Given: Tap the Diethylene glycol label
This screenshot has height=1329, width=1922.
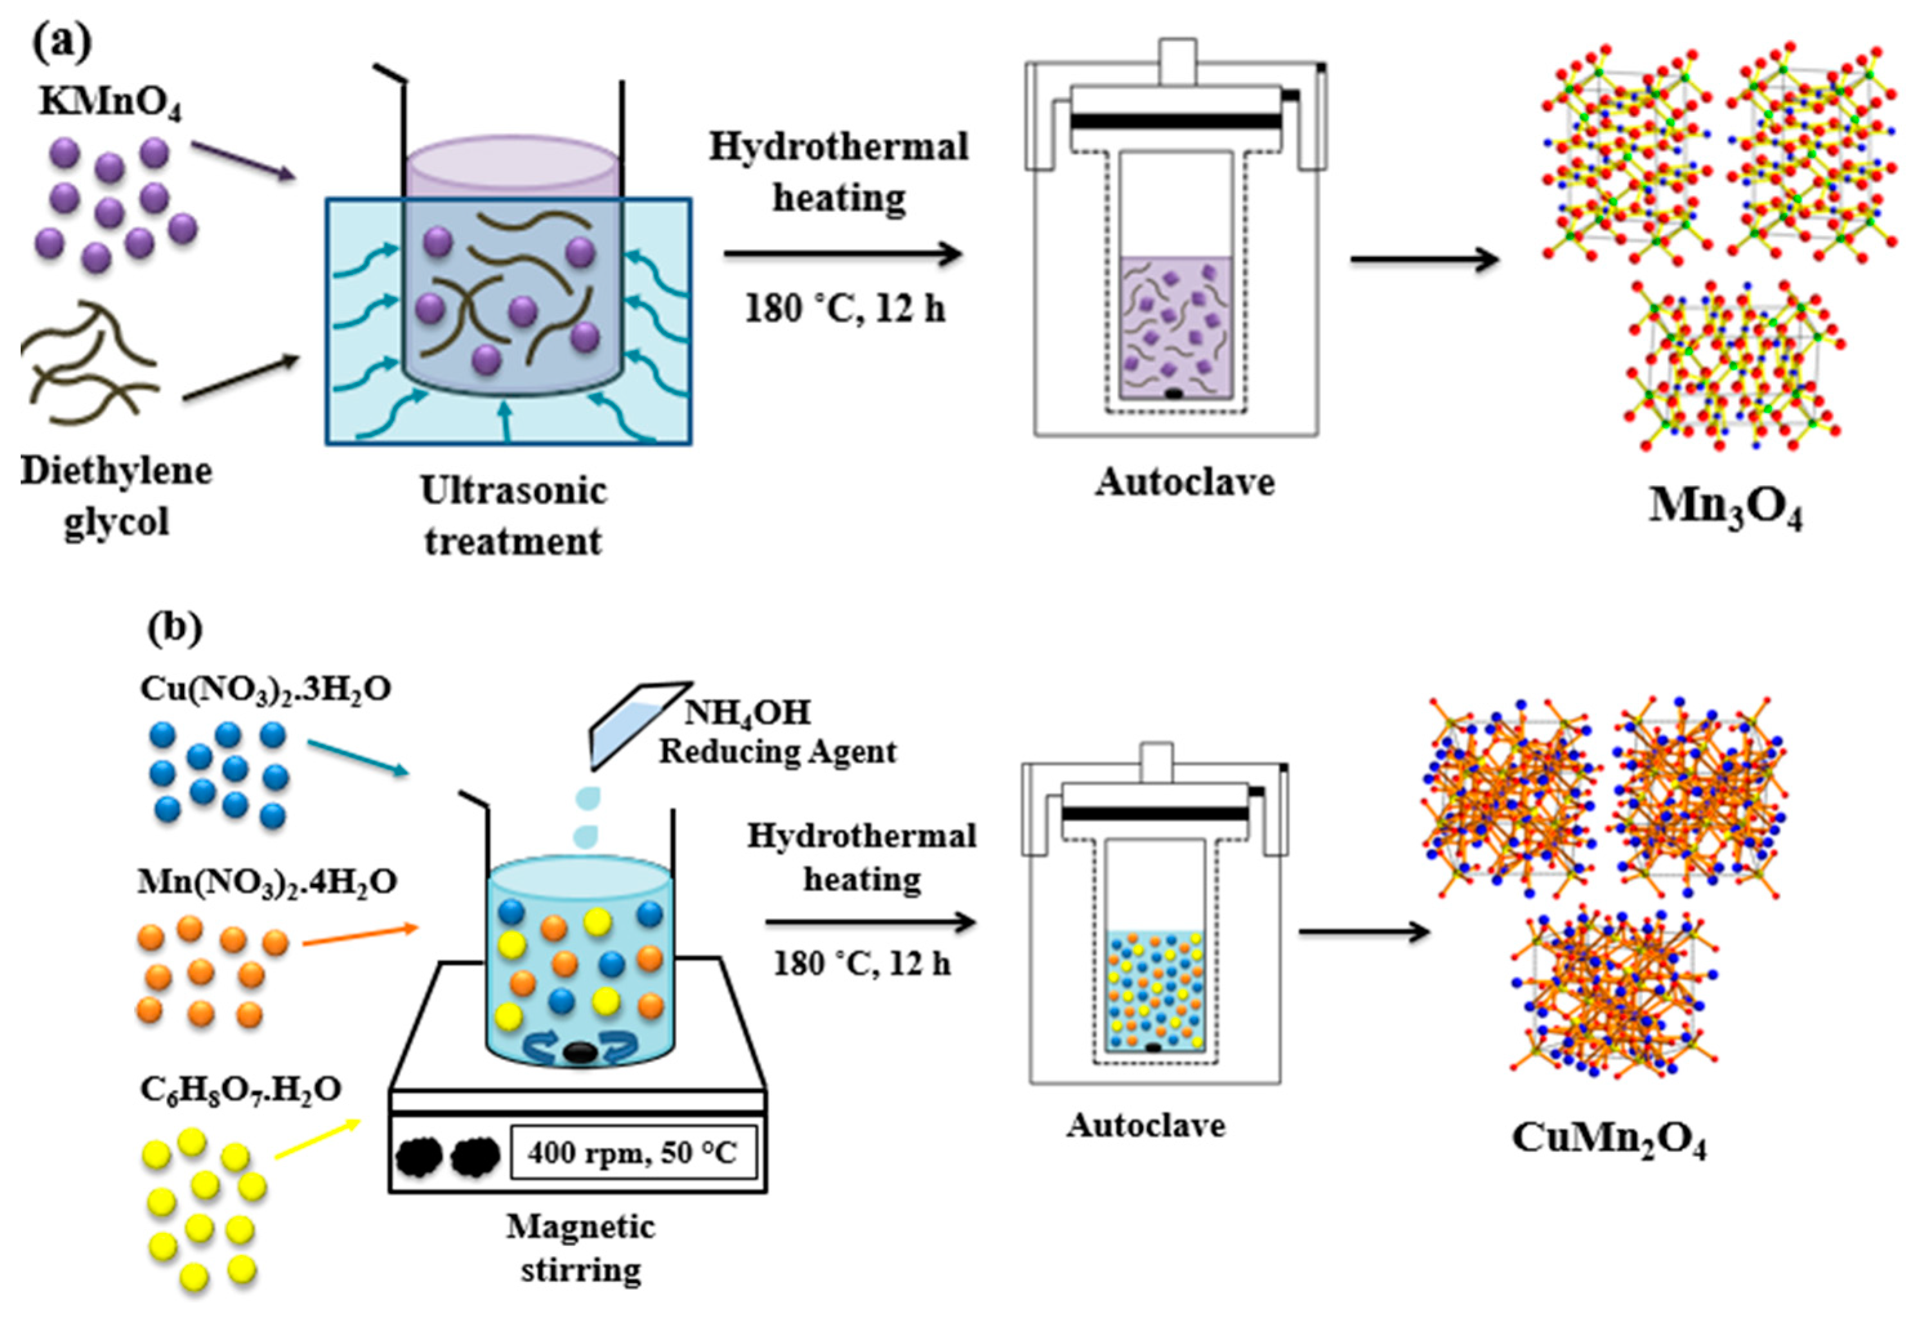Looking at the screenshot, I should [x=117, y=496].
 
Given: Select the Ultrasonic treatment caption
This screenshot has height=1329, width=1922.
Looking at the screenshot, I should [x=513, y=516].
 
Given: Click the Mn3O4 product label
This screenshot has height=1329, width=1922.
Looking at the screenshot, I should [x=1725, y=507].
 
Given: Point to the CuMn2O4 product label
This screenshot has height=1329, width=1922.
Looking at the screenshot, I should [x=1608, y=1138].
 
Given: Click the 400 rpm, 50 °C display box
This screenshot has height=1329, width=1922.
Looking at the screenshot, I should [x=633, y=1153].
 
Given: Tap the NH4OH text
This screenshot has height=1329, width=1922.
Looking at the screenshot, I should [x=747, y=712].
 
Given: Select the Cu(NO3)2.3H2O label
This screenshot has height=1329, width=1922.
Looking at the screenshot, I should [x=265, y=689].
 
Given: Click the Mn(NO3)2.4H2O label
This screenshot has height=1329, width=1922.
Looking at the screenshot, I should [x=267, y=881].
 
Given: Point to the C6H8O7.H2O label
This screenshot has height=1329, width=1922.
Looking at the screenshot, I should [x=240, y=1089].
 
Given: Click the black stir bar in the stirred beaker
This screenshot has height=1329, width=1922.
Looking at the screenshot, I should [x=579, y=1053].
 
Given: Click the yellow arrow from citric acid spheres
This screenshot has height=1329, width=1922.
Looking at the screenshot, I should [x=317, y=1139].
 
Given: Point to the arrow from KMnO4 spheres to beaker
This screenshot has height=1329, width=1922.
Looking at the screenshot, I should [x=242, y=160].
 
